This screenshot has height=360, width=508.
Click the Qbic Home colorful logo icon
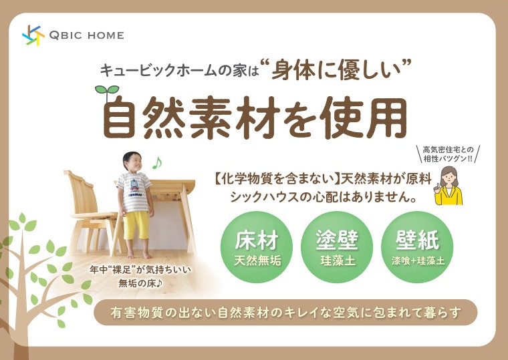click(x=33, y=35)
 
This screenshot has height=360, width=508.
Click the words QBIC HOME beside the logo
click(x=86, y=35)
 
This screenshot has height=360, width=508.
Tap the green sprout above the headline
click(x=107, y=92)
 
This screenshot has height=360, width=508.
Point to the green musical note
click(x=157, y=163)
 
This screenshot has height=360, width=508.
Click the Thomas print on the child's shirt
click(x=135, y=188)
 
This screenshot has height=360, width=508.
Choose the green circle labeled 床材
click(x=257, y=247)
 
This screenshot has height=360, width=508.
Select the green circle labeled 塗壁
click(x=337, y=247)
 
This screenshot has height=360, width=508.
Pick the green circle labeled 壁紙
click(x=417, y=247)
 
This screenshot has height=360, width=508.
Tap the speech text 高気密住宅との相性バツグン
click(x=448, y=154)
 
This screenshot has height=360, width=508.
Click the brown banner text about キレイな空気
click(x=285, y=313)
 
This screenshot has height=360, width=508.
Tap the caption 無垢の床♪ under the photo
click(x=140, y=284)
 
